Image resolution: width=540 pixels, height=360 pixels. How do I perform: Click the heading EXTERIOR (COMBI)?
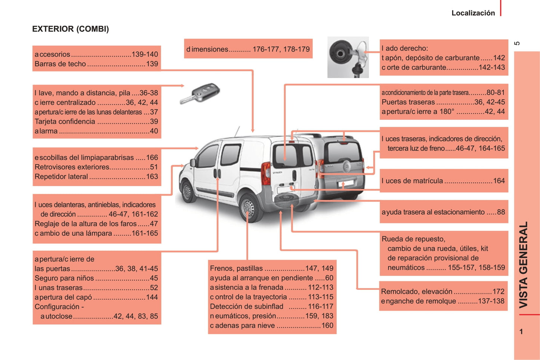point(70,29)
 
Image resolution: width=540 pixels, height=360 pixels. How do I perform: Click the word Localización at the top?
point(473,13)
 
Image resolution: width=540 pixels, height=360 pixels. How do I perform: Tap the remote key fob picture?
point(200,93)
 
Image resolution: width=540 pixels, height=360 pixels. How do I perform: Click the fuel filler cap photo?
point(348,58)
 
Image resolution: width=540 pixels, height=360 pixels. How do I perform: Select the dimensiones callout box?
point(248,49)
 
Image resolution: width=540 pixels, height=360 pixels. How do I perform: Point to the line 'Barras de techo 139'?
point(96,64)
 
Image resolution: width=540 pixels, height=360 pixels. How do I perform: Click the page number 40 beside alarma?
point(154,131)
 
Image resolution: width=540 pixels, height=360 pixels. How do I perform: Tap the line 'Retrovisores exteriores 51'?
point(96,167)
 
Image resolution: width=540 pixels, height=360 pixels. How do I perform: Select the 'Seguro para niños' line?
point(96,278)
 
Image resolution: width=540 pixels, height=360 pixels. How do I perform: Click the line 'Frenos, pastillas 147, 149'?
point(271,268)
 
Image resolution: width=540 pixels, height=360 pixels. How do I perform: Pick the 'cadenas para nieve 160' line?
point(271,326)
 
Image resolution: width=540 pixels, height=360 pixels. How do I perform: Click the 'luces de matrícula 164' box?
point(444,181)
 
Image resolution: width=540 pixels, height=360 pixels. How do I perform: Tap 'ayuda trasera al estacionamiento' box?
point(444,212)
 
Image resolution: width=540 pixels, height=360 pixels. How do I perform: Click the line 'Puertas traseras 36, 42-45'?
point(443,102)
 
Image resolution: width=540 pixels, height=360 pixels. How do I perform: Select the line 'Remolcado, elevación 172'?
point(442,292)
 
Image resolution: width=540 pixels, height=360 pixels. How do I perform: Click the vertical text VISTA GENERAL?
point(523,265)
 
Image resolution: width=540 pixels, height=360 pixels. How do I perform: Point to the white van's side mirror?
point(193,163)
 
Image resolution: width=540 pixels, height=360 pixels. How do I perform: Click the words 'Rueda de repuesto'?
point(413,239)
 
